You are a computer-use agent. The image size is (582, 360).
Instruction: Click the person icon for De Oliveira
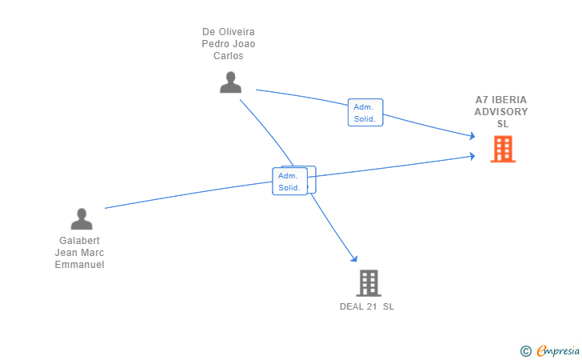coord(230,82)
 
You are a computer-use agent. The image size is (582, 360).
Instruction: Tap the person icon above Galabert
coord(82,218)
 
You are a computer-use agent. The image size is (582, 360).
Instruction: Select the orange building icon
coord(502,149)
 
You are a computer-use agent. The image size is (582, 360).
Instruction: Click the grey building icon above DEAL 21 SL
coord(368,282)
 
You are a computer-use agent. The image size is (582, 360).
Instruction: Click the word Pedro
coord(216,44)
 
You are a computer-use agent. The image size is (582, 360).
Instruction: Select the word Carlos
coord(228,56)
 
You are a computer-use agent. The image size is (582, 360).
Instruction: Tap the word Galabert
coord(79,240)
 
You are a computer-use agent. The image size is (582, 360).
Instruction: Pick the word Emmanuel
coord(79,265)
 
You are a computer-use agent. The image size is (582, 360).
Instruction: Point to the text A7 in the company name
coord(481,100)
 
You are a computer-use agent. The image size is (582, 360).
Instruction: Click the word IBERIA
coord(509,100)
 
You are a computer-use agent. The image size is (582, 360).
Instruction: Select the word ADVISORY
coord(501,112)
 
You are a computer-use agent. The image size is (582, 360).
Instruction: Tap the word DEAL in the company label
coord(352,306)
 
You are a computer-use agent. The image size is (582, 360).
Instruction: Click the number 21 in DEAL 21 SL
coord(372,306)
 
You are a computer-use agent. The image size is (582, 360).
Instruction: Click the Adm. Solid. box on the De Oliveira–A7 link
coord(366,112)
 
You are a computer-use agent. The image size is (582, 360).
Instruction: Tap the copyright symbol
coord(525,350)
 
